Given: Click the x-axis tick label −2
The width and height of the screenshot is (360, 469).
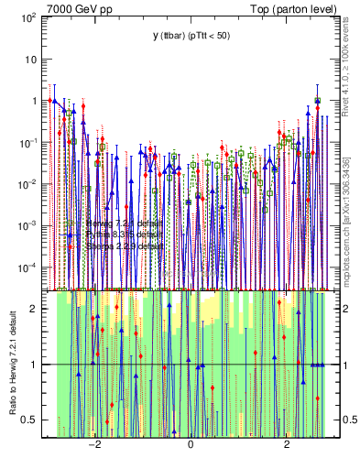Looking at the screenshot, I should coord(93,444).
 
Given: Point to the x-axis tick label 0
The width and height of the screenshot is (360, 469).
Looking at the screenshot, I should coord(190,444).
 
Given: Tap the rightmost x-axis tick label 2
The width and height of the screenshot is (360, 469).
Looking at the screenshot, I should coord(287,444).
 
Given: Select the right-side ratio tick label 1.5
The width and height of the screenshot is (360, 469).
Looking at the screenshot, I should coord(344,336).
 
